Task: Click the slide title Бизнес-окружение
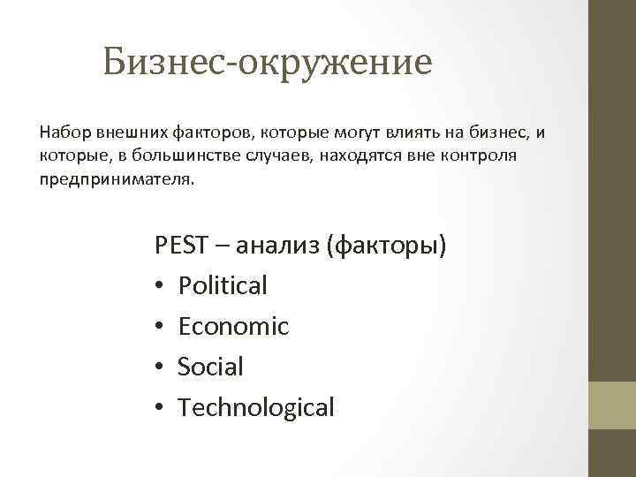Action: (x=267, y=62)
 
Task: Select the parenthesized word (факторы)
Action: (x=386, y=245)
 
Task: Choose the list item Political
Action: (x=223, y=285)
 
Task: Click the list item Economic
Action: (x=233, y=326)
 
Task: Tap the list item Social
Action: (x=210, y=367)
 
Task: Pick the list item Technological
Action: (x=256, y=407)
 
